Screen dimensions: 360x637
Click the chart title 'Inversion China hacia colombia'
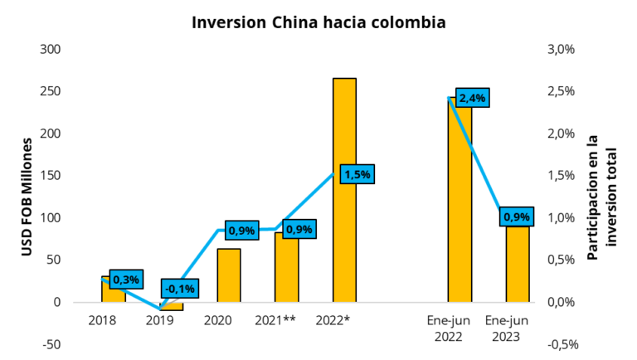pos(318,22)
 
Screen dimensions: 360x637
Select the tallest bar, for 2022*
pos(344,191)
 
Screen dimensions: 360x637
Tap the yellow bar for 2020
pos(229,275)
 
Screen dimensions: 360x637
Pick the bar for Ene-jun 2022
pos(460,207)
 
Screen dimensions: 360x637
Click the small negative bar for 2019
pos(172,306)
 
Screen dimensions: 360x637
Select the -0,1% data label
pos(180,288)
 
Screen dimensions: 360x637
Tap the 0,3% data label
pos(126,280)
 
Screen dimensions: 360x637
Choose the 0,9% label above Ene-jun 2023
pos(517,217)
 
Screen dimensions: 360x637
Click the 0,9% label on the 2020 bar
pos(241,230)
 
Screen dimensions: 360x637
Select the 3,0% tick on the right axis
pos(561,49)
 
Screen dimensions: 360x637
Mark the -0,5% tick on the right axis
pos(561,344)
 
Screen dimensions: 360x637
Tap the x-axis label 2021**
pos(275,319)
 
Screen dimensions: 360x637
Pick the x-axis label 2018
pos(102,319)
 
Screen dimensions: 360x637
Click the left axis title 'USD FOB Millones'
pos(27,197)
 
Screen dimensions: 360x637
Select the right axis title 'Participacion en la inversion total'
pos(602,197)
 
